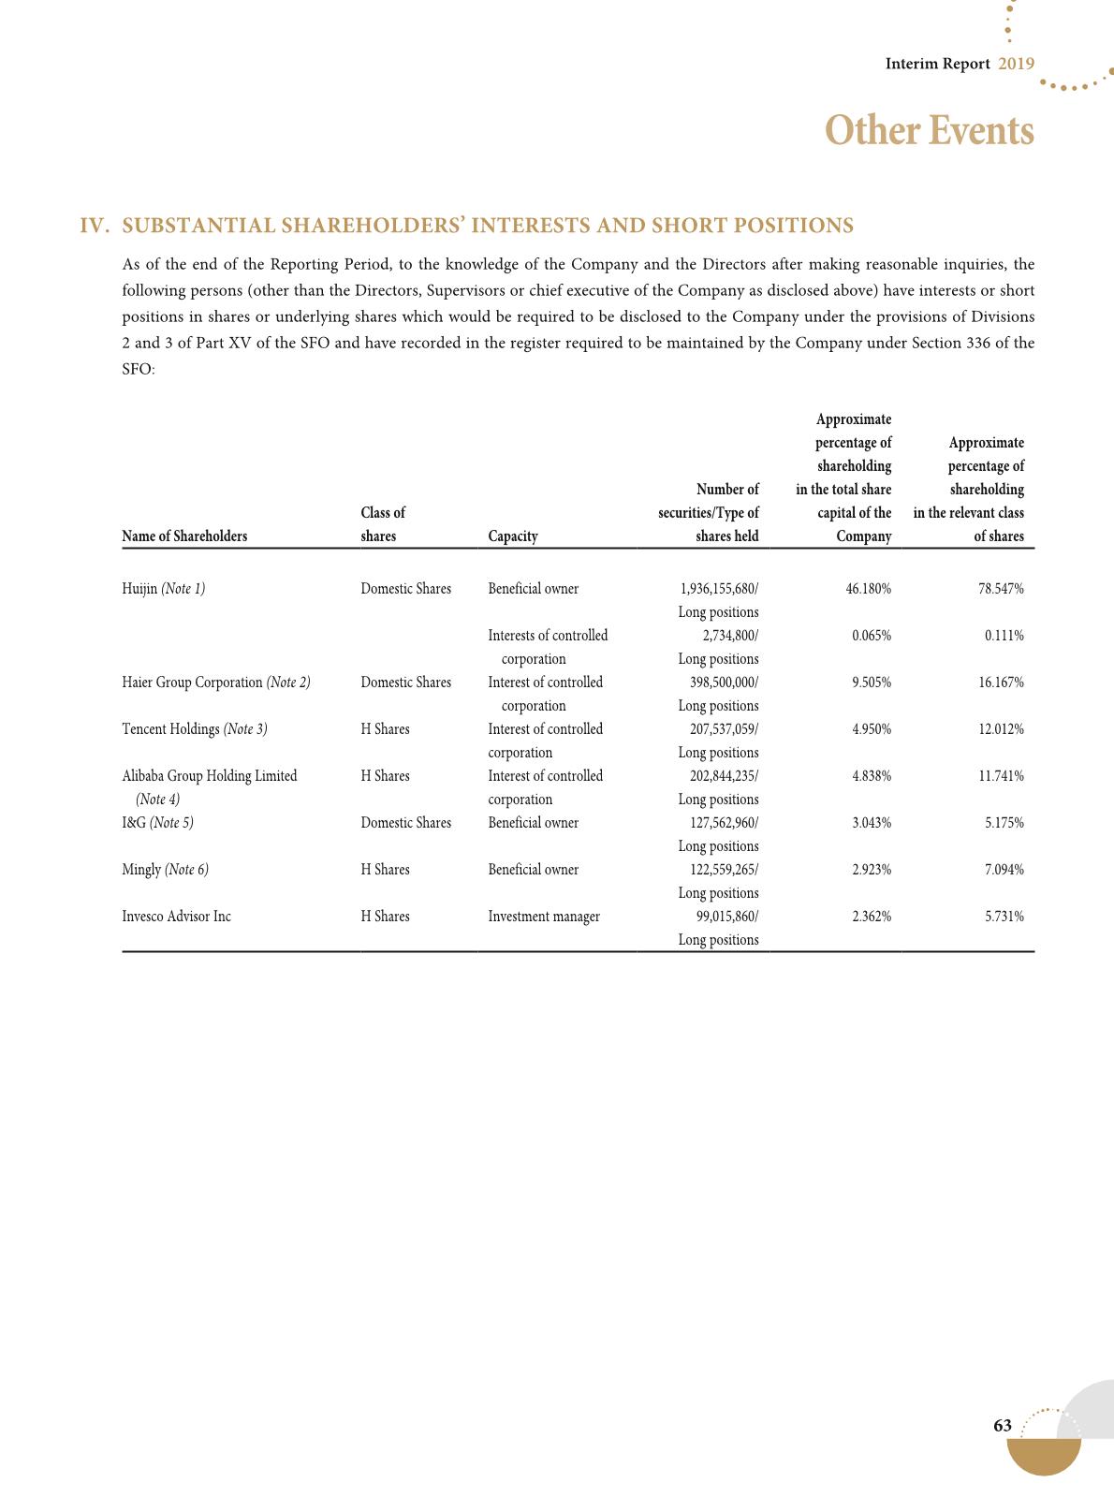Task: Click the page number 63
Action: [1003, 1426]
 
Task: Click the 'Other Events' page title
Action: [930, 130]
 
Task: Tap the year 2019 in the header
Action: [1016, 64]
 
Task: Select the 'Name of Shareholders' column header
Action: [184, 536]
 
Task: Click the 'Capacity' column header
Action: [513, 536]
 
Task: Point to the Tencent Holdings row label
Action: [195, 729]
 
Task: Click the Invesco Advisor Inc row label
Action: [176, 917]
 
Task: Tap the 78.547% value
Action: [1002, 589]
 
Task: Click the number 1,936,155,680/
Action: [719, 589]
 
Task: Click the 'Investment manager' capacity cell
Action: [544, 917]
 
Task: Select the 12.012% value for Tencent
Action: [1002, 729]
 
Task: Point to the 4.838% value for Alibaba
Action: [872, 776]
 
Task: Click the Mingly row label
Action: [165, 870]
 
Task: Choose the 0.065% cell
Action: [872, 636]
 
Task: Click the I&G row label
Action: [157, 823]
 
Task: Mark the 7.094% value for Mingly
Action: [1004, 870]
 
